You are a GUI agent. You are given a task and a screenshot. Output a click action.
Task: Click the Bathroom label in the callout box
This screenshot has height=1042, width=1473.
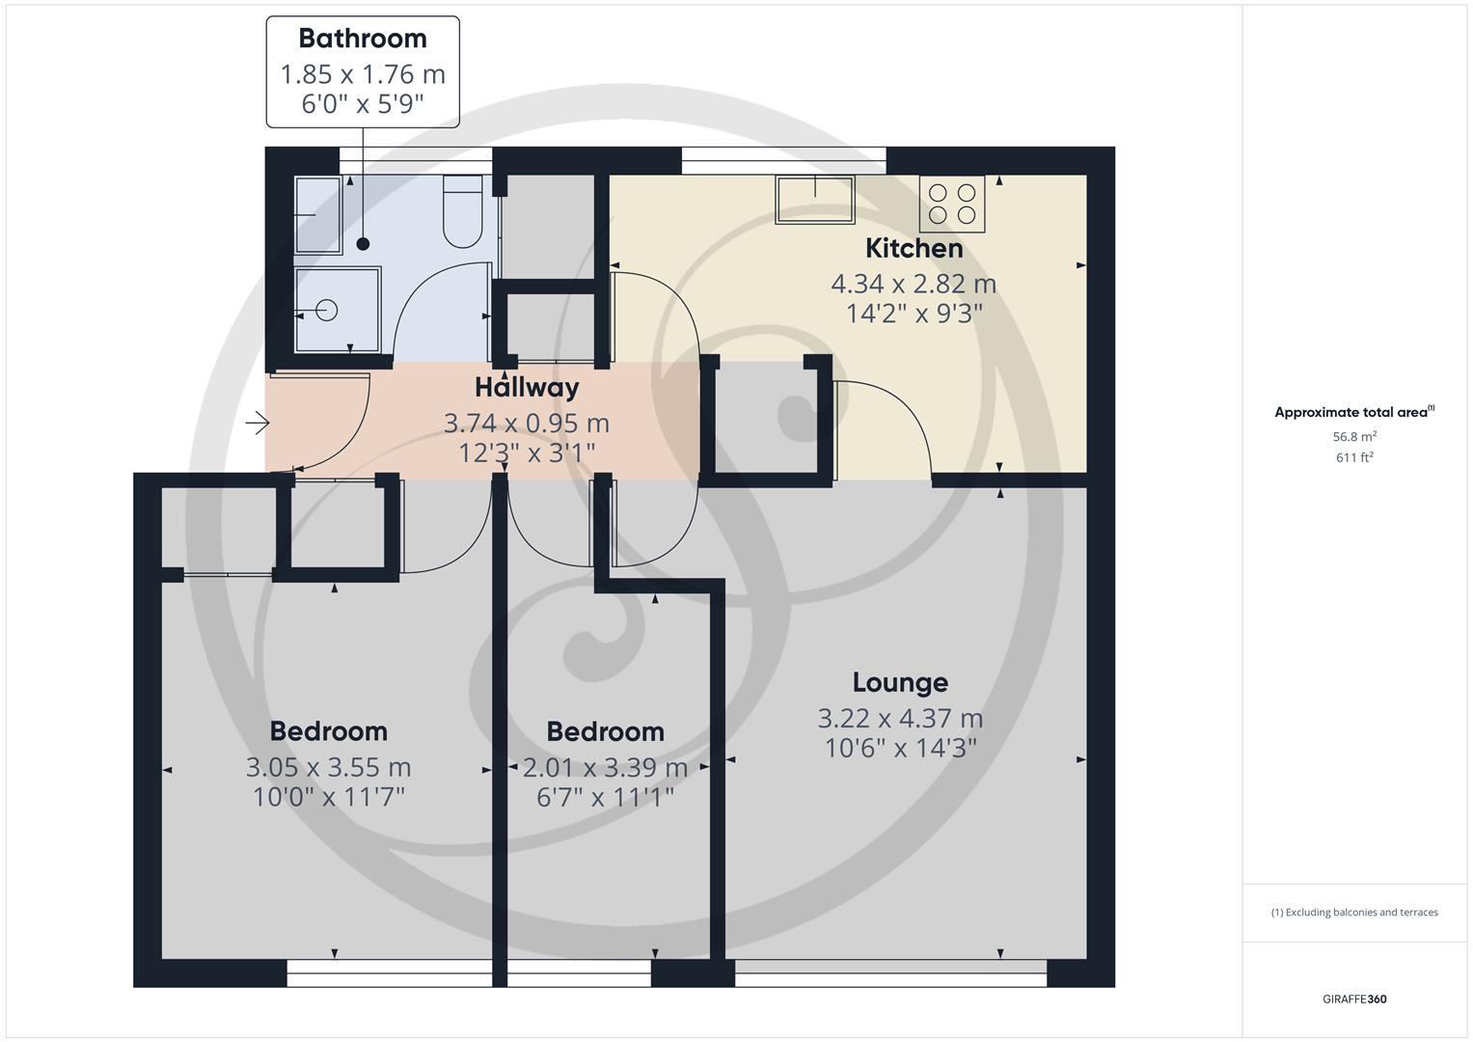click(x=363, y=39)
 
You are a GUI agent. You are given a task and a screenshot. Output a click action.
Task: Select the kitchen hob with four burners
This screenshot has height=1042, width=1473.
click(x=952, y=204)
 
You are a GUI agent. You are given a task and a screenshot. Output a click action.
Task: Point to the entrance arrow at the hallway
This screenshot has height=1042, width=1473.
click(x=257, y=424)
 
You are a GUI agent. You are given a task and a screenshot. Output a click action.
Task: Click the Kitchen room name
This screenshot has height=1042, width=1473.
click(x=914, y=249)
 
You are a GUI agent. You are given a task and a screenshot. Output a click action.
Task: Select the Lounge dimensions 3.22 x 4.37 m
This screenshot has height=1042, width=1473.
click(x=900, y=719)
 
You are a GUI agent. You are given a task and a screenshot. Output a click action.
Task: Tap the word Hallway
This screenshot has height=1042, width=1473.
click(x=527, y=388)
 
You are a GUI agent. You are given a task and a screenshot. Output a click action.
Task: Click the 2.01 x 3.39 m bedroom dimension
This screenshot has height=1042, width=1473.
click(x=605, y=768)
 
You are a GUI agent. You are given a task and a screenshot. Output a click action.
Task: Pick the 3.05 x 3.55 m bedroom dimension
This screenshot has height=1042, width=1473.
click(x=328, y=768)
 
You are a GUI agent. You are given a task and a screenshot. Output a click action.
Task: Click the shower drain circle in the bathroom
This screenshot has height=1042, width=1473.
click(x=327, y=311)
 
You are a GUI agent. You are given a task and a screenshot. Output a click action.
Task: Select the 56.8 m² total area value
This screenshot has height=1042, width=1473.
click(x=1354, y=436)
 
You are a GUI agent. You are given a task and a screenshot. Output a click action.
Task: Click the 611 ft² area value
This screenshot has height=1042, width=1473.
click(x=1354, y=457)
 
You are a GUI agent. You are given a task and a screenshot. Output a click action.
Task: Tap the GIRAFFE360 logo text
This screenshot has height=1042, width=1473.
click(x=1354, y=1000)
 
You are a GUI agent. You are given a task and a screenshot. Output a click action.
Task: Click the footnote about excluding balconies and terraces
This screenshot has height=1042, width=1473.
click(x=1354, y=913)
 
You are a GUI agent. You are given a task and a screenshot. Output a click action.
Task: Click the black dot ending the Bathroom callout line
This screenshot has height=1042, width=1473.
click(x=364, y=244)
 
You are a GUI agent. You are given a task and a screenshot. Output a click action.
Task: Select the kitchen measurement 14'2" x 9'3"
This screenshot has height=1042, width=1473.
click(x=914, y=314)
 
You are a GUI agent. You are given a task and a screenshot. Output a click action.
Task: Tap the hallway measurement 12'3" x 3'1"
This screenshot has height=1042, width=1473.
click(x=527, y=452)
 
